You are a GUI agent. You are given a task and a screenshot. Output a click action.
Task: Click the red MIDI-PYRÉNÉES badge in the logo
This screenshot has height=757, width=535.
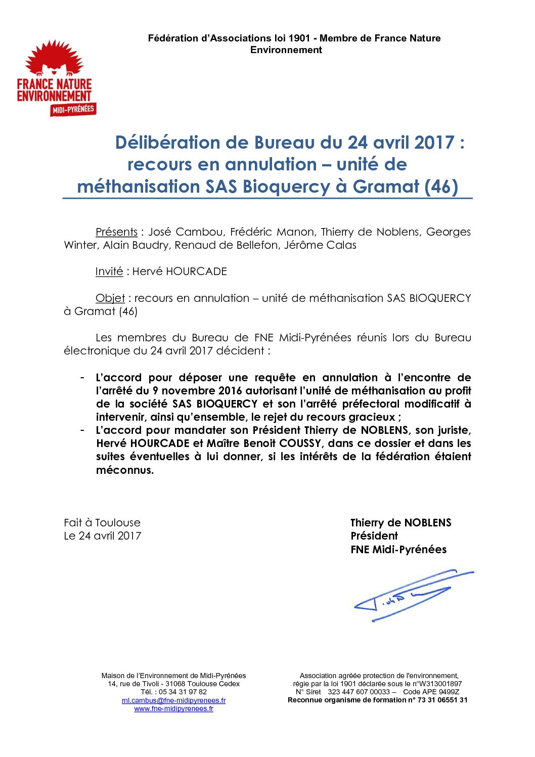click(x=73, y=109)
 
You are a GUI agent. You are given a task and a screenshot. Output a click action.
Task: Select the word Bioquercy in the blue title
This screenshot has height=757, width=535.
click(x=286, y=187)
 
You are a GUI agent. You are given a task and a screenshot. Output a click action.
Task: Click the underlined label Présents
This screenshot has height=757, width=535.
click(x=116, y=232)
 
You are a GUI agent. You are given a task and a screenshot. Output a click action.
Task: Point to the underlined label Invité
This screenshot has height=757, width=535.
click(x=109, y=272)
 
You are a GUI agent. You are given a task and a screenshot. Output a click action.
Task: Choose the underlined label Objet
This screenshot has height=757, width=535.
click(x=110, y=298)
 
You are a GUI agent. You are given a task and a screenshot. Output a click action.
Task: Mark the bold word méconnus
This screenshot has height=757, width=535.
click(x=125, y=470)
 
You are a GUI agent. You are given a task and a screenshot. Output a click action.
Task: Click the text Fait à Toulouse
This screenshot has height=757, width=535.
click(x=102, y=523)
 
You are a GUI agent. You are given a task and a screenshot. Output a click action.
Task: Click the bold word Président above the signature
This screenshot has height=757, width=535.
click(x=374, y=536)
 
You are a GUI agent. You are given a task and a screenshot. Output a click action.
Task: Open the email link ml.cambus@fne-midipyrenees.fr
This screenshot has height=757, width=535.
click(x=173, y=700)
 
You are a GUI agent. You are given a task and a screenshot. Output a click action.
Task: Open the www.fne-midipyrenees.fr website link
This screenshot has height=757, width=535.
click(x=173, y=708)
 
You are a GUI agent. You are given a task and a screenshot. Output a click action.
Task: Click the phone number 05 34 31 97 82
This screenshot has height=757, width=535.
click(x=183, y=692)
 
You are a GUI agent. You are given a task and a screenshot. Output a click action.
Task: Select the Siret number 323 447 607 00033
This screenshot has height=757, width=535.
click(x=359, y=692)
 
